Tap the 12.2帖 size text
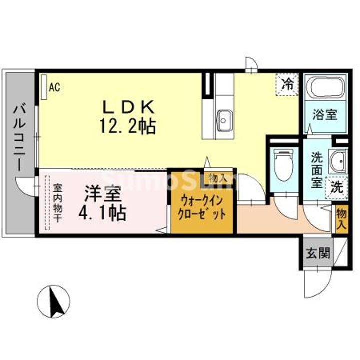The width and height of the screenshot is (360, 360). [x=128, y=126]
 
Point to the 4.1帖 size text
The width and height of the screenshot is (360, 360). [x=102, y=213]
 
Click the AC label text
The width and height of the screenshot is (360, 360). [x=55, y=87]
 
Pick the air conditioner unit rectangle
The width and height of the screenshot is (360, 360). [x=44, y=87]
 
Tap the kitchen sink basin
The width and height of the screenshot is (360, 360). [x=225, y=121]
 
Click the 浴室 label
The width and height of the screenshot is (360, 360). [x=325, y=115]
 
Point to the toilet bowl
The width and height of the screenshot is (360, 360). [x=284, y=164]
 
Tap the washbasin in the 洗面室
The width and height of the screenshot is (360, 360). [x=337, y=161]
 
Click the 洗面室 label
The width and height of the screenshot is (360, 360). [x=317, y=170]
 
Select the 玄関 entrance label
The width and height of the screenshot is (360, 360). [x=318, y=253]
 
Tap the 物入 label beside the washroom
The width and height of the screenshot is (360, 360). [x=341, y=219]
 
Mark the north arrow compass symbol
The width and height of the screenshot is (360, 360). [x=53, y=301]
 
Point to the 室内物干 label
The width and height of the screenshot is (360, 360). [x=57, y=202]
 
